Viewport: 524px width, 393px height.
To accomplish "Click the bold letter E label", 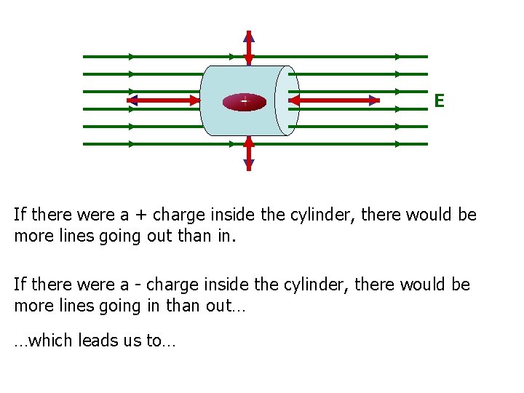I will pos(439,100).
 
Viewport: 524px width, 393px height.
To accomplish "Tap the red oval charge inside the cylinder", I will pos(245,102).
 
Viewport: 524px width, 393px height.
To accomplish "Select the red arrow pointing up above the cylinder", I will pos(249,48).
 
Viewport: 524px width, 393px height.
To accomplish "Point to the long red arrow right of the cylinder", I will pos(335,101).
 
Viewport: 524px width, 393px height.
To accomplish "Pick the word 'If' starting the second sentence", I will pos(20,285).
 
